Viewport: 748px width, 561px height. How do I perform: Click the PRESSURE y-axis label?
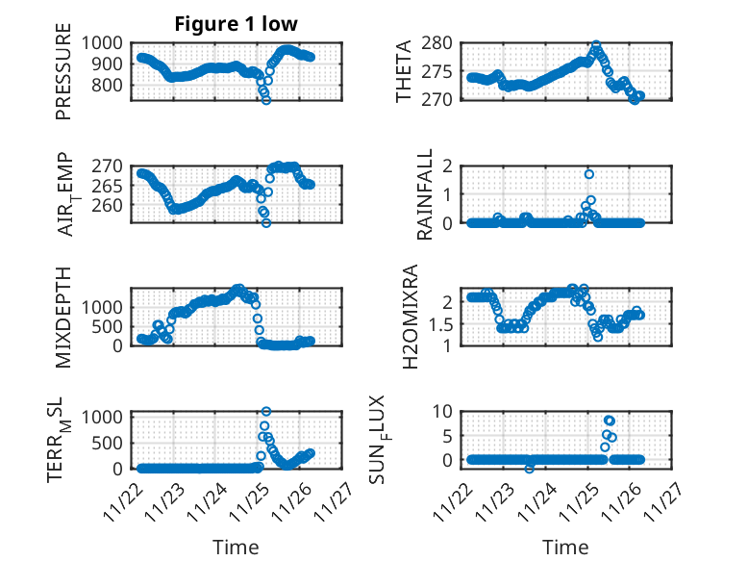coord(64,77)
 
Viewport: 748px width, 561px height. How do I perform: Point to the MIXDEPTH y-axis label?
coord(64,315)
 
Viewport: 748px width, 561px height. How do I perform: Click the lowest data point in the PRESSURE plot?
coord(266,100)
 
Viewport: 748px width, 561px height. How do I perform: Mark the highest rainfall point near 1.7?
coord(589,174)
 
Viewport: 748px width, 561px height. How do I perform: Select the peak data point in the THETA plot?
coord(596,45)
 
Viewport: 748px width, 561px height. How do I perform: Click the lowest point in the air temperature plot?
coord(266,223)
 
